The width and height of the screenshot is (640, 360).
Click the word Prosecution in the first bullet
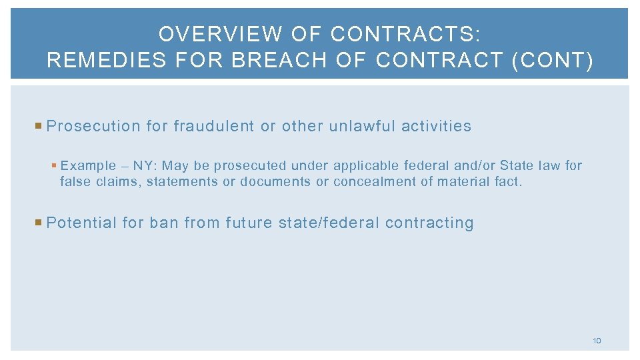click(x=93, y=126)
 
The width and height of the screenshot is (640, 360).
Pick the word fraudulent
click(x=213, y=126)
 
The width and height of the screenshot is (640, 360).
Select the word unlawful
click(x=363, y=126)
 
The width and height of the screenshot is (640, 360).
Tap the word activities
click(x=436, y=126)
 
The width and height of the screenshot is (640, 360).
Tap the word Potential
click(x=81, y=223)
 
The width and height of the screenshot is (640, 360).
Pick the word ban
click(x=164, y=223)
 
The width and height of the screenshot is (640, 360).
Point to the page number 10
click(x=597, y=341)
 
